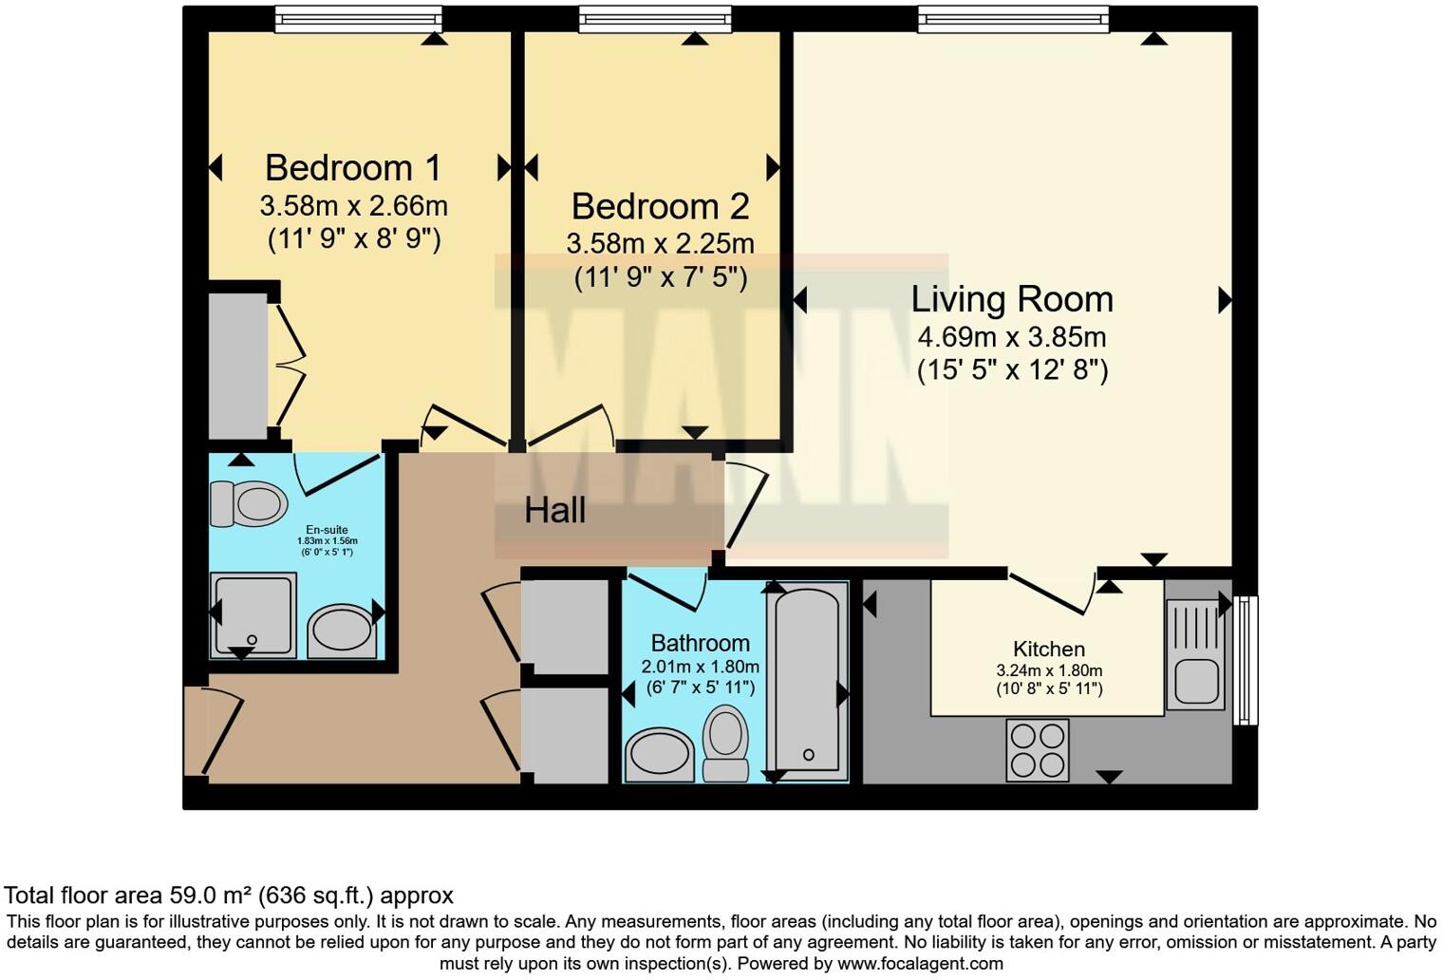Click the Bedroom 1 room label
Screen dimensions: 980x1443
pos(352,168)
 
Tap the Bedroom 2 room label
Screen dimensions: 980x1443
pos(660,206)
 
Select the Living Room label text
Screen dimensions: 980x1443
pos(1012,299)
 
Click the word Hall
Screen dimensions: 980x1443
pos(555,511)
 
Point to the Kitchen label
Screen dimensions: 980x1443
pos(1049,649)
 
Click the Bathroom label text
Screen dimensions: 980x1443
pos(701,643)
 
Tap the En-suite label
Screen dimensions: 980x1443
pos(327,530)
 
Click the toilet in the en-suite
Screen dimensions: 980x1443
pos(249,503)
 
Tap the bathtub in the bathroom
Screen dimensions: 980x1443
pos(807,679)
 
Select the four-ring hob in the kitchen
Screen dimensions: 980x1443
pos(1038,750)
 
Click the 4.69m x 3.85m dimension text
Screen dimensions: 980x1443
pos(1012,337)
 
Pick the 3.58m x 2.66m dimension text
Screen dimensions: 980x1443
pos(353,205)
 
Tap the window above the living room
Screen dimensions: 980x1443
pos(1013,19)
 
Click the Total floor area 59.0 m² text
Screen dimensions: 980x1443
pos(229,895)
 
